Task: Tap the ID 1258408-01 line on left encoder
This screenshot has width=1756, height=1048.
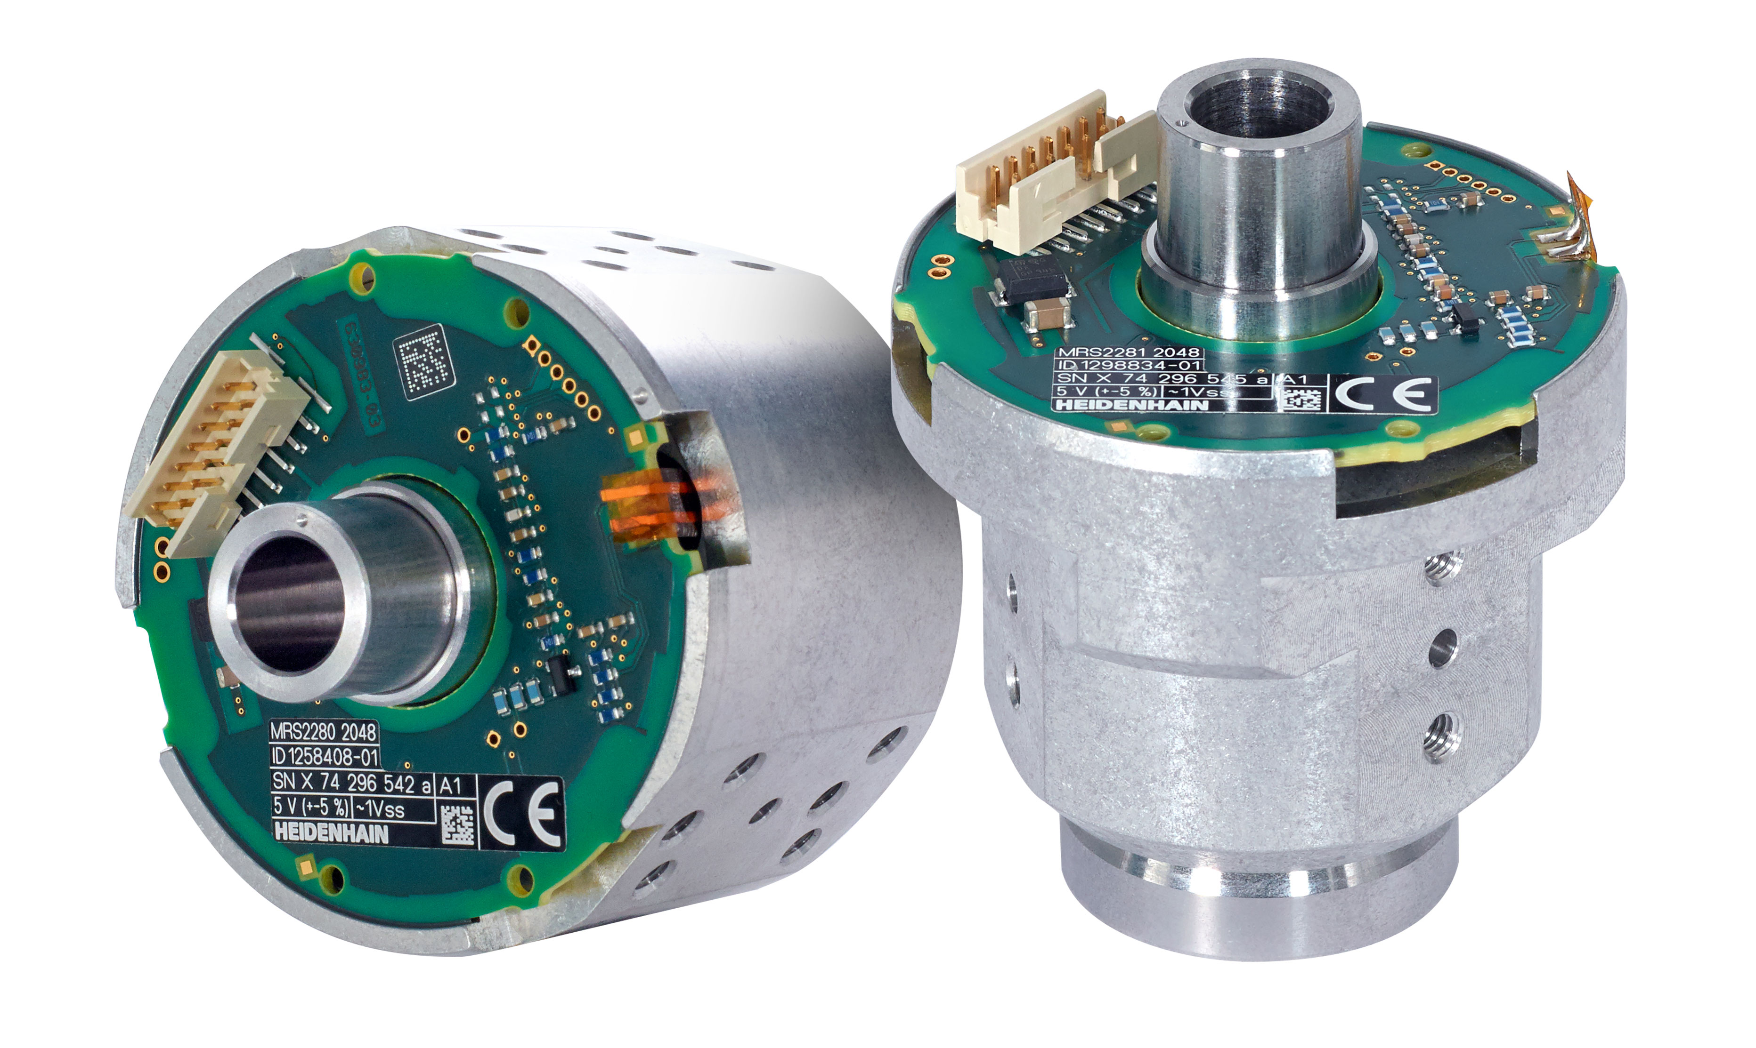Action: pyautogui.click(x=325, y=758)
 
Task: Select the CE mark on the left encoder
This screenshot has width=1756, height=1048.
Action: pyautogui.click(x=523, y=812)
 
